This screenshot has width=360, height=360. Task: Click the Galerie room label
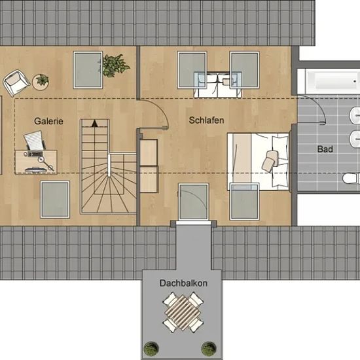pyautogui.click(x=48, y=121)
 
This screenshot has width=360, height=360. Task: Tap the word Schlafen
pyautogui.click(x=206, y=120)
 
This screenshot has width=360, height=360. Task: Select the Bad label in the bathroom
pyautogui.click(x=325, y=149)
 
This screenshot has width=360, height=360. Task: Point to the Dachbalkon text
pyautogui.click(x=183, y=283)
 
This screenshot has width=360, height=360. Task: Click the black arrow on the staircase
pyautogui.click(x=95, y=123)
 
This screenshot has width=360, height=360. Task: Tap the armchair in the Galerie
pyautogui.click(x=16, y=82)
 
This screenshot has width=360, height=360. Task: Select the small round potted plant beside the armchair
pyautogui.click(x=41, y=82)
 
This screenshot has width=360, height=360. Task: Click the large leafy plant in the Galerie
pyautogui.click(x=115, y=65)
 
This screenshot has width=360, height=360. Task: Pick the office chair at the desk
pyautogui.click(x=35, y=140)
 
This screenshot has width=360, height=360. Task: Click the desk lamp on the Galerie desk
pyautogui.click(x=46, y=164)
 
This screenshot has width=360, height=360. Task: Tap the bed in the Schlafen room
pyautogui.click(x=259, y=162)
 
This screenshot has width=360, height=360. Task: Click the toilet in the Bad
pyautogui.click(x=351, y=179)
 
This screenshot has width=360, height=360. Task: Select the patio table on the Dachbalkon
pyautogui.click(x=183, y=312)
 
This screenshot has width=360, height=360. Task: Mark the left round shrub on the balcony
pyautogui.click(x=151, y=349)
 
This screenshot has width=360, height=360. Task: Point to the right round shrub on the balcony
pyautogui.click(x=209, y=349)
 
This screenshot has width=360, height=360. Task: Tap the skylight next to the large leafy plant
pyautogui.click(x=88, y=70)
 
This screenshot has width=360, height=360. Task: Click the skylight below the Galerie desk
pyautogui.click(x=55, y=199)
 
